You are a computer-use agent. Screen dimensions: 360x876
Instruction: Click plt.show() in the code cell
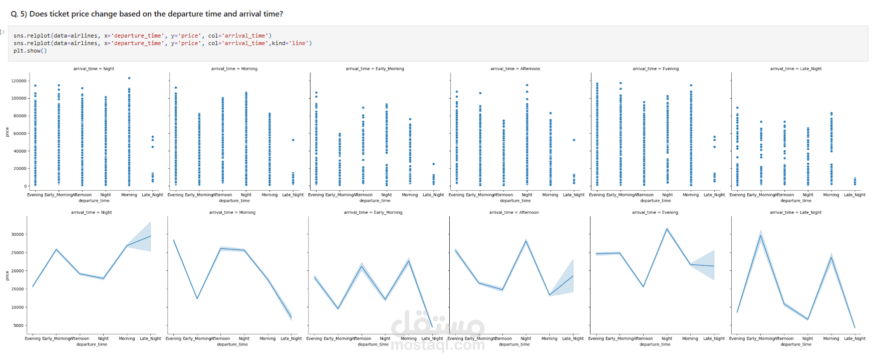30,51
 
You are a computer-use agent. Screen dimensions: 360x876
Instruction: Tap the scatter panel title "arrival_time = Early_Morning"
375,69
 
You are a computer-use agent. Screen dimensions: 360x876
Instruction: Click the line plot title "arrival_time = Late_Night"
795,212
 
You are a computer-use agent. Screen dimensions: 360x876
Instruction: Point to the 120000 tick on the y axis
19,81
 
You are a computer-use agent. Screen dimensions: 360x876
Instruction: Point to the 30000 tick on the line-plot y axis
18,234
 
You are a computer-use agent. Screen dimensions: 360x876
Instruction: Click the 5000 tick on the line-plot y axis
19,325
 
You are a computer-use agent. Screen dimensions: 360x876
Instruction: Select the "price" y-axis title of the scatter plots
7,132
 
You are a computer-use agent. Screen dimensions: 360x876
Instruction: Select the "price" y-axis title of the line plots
7,275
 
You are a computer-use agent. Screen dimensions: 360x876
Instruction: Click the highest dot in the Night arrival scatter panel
129,78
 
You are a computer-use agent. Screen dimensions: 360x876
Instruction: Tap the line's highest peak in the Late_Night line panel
761,235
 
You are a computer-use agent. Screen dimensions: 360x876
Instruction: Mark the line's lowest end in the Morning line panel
291,316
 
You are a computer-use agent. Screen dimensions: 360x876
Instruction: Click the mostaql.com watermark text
437,344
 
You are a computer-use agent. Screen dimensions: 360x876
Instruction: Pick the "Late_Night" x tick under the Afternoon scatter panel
573,195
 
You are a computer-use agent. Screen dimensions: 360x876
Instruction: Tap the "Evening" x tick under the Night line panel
33,338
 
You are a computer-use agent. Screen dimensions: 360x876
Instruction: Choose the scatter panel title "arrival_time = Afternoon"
515,69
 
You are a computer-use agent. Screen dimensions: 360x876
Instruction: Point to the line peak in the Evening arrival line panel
667,229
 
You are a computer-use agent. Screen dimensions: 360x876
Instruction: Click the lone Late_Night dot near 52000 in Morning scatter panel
293,140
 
